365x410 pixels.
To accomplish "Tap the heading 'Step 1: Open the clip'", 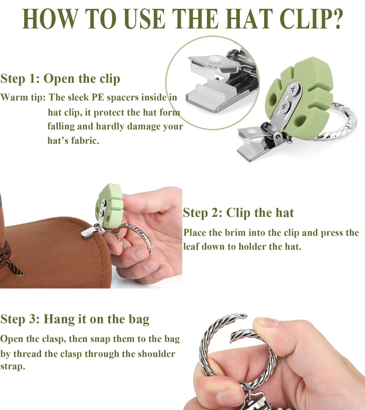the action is (60, 79).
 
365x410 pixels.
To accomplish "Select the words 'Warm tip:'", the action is (23, 97).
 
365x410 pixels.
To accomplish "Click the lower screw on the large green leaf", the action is (284, 106).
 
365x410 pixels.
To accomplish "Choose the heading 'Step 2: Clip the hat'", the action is (238, 213).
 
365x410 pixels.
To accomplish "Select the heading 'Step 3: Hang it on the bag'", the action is (75, 319).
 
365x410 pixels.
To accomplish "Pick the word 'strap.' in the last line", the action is (13, 366).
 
